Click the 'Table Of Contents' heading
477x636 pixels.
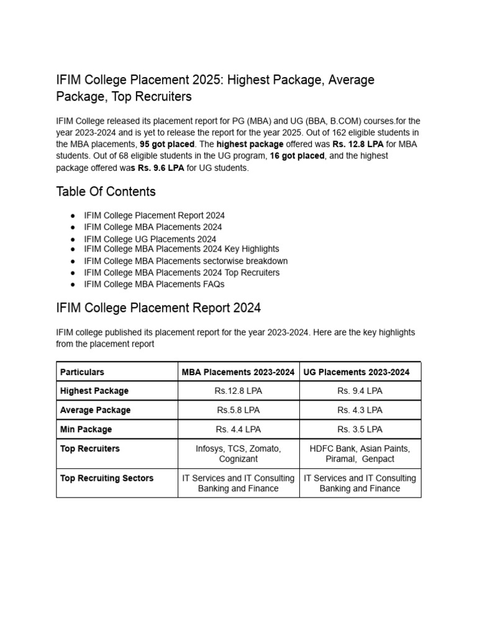[x=106, y=191]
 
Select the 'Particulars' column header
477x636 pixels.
[x=82, y=372]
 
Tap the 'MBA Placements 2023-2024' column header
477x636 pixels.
[x=238, y=372]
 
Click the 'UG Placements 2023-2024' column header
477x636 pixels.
[x=357, y=372]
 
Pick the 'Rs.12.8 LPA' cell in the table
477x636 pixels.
[x=238, y=391]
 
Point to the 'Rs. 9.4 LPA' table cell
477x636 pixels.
[x=360, y=391]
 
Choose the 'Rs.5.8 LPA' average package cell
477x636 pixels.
[x=238, y=410]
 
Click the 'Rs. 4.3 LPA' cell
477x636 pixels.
[x=360, y=410]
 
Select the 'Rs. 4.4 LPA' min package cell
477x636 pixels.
[x=238, y=429]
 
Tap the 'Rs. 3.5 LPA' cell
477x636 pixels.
[x=360, y=429]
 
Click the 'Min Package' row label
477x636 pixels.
[x=86, y=429]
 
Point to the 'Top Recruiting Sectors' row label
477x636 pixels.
[x=106, y=478]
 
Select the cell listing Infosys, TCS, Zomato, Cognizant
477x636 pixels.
[x=238, y=453]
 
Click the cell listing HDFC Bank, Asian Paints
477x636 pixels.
[x=360, y=453]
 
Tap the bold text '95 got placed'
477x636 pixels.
[x=167, y=144]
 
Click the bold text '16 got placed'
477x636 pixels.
[x=297, y=156]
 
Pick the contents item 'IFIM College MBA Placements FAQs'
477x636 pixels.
[x=154, y=284]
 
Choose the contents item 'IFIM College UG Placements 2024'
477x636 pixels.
[x=150, y=239]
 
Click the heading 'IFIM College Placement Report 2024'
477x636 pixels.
[x=158, y=307]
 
